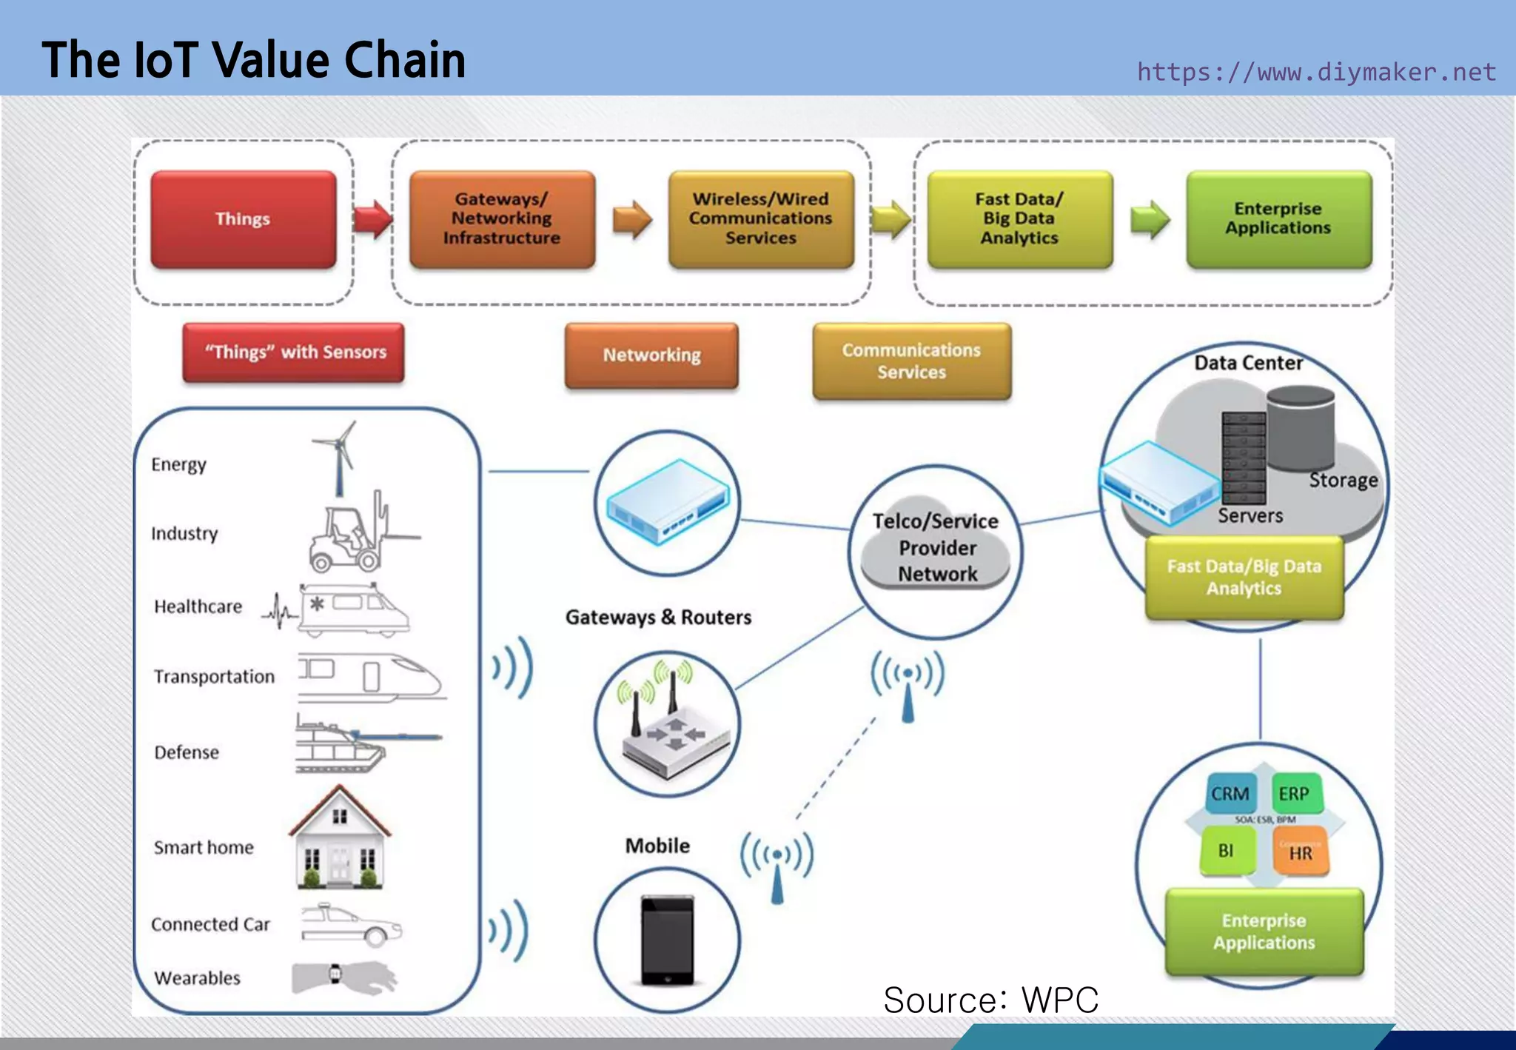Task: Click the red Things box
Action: click(243, 219)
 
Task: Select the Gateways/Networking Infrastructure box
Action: click(502, 219)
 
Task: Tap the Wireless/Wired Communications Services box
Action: click(760, 219)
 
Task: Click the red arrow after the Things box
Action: click(372, 219)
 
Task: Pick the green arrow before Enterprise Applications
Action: click(1150, 219)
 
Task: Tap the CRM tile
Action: click(1230, 794)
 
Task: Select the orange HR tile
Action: click(1301, 852)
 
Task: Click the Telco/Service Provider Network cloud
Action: click(936, 548)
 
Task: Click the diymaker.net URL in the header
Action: click(1315, 72)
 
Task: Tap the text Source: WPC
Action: click(990, 1000)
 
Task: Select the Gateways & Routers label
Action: click(658, 617)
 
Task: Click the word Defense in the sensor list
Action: click(187, 752)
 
